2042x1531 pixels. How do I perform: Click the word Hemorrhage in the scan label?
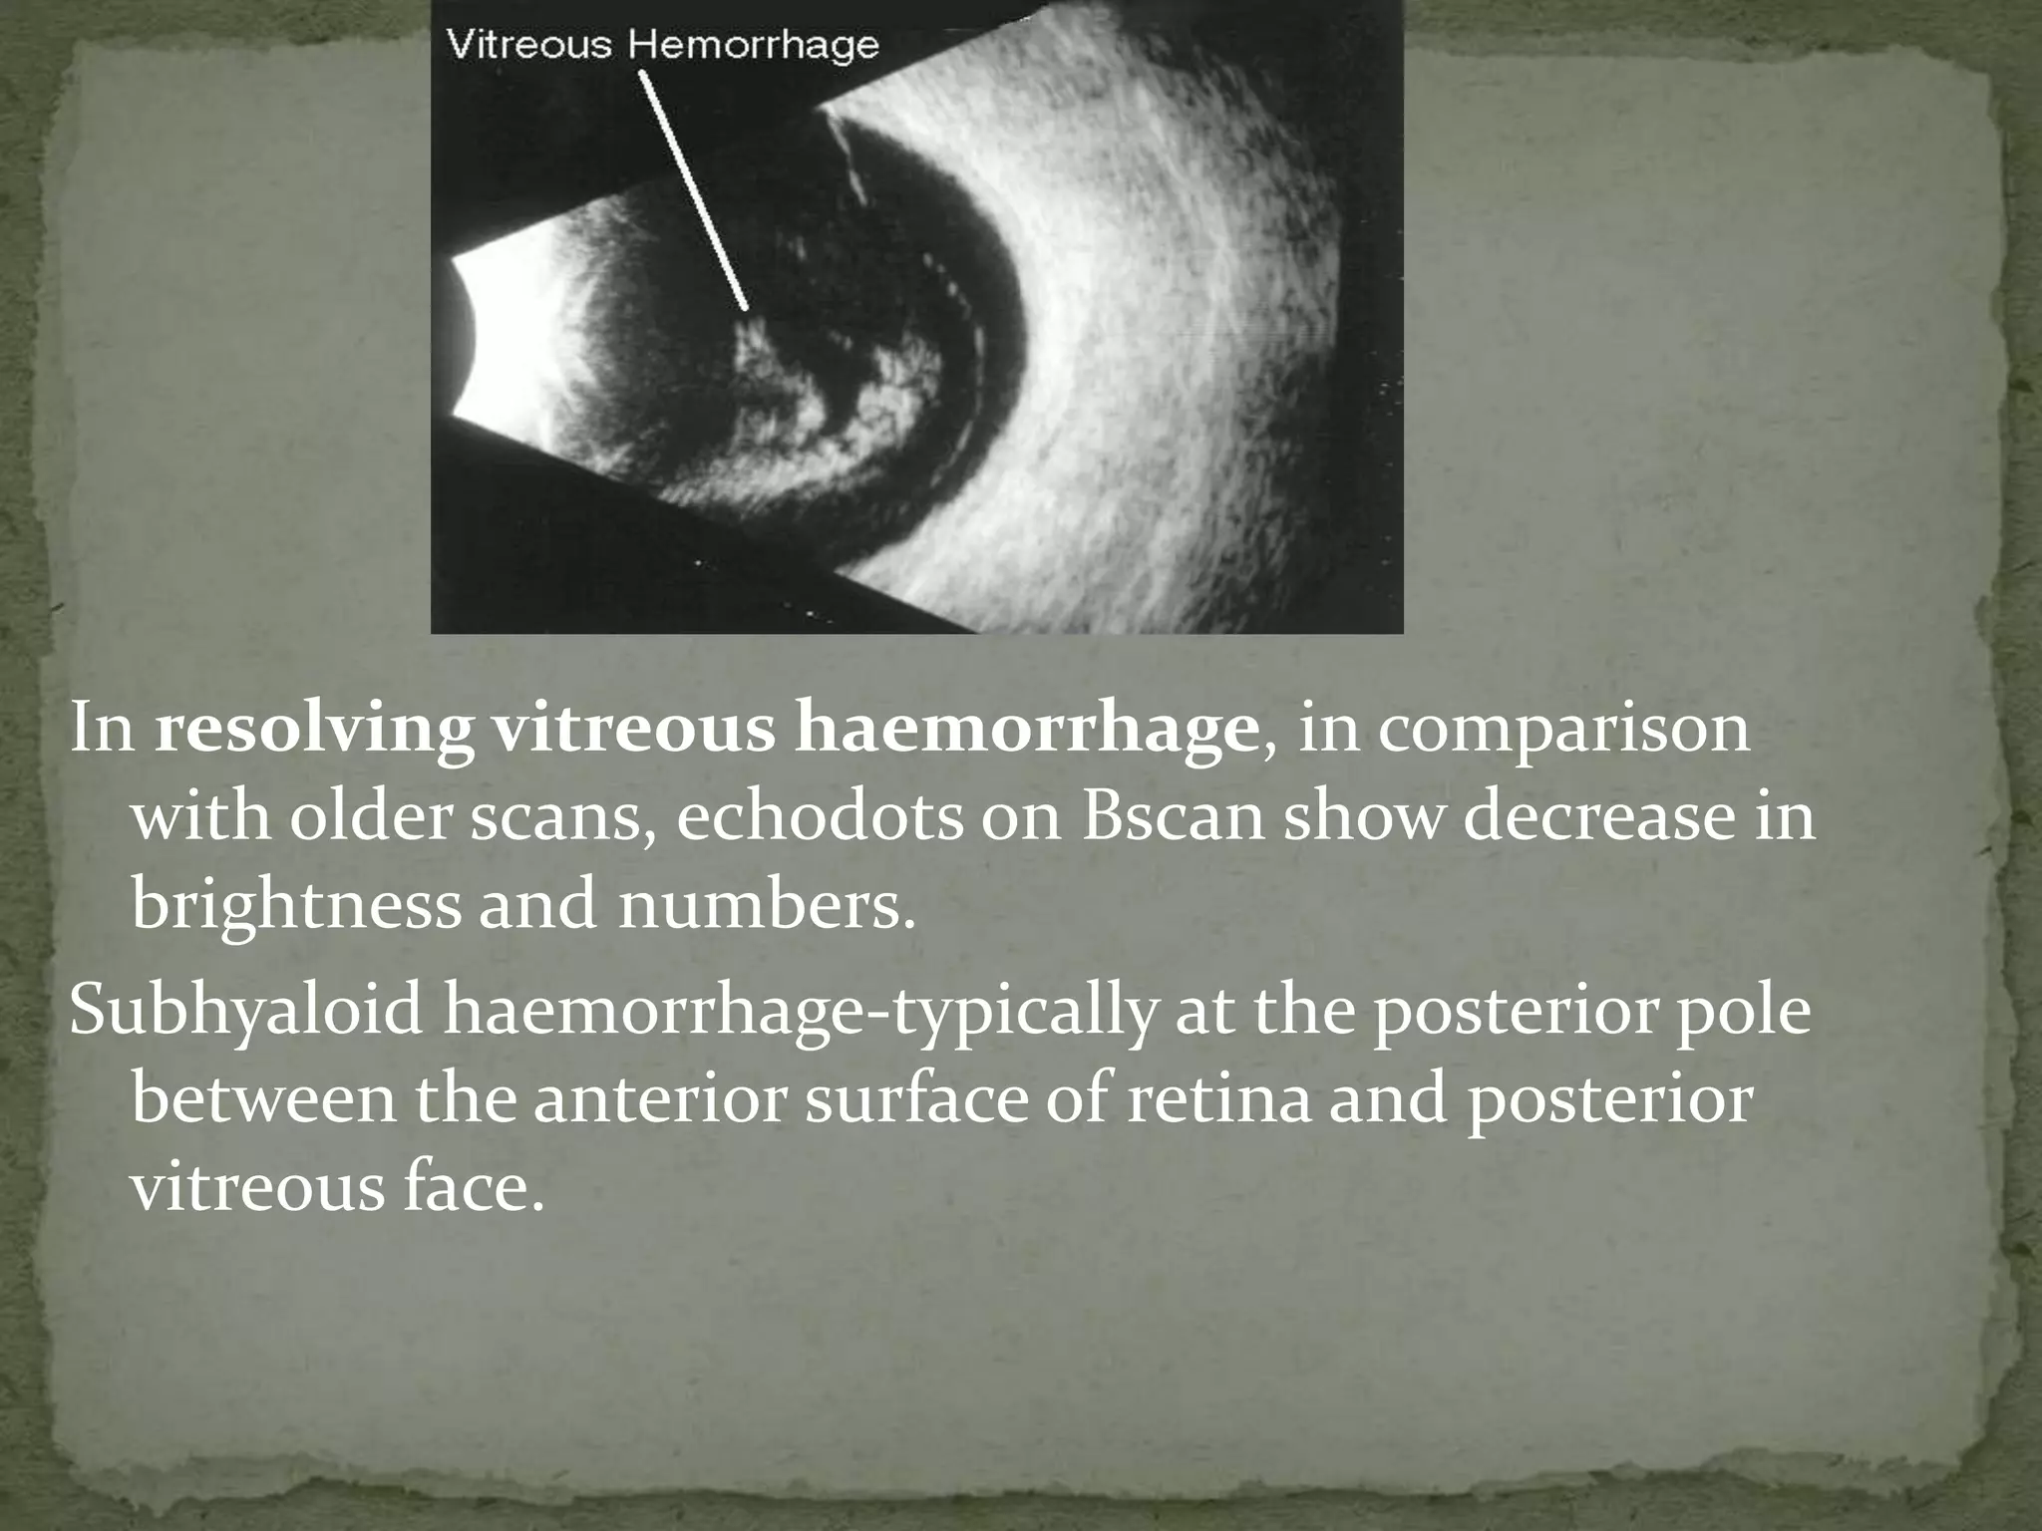tap(759, 46)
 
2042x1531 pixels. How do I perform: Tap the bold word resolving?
tap(314, 732)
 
